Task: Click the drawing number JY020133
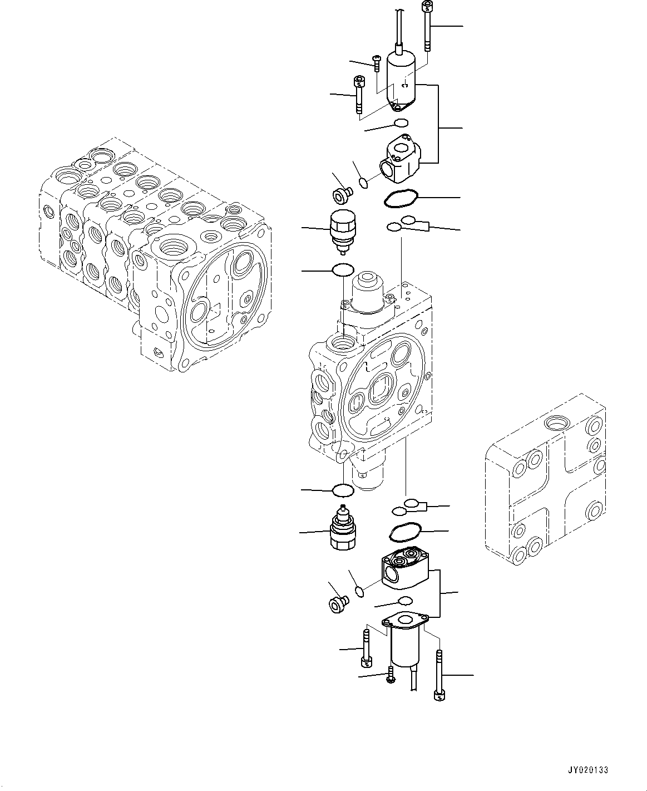[x=588, y=770]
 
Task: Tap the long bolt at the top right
[x=427, y=27]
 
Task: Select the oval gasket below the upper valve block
[x=398, y=200]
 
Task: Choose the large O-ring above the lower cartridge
[x=343, y=490]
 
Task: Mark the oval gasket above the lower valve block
[x=405, y=532]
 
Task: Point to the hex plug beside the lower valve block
[x=337, y=603]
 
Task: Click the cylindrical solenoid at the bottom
[x=405, y=646]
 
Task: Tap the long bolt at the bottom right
[x=439, y=676]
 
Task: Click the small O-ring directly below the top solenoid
[x=401, y=123]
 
